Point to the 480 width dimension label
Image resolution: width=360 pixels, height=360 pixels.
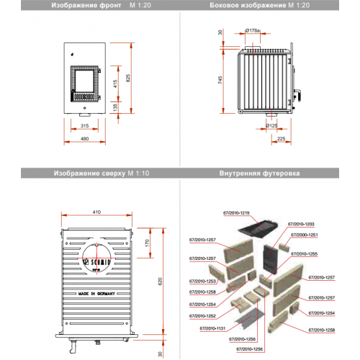[x=85, y=139]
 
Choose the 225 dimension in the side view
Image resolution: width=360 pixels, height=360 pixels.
[x=281, y=139]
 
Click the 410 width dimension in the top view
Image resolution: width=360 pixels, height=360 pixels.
[x=96, y=212]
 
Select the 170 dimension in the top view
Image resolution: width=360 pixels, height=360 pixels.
[x=147, y=243]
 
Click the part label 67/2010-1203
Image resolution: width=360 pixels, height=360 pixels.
[x=302, y=225]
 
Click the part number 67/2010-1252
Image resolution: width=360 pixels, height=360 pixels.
[x=203, y=315]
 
